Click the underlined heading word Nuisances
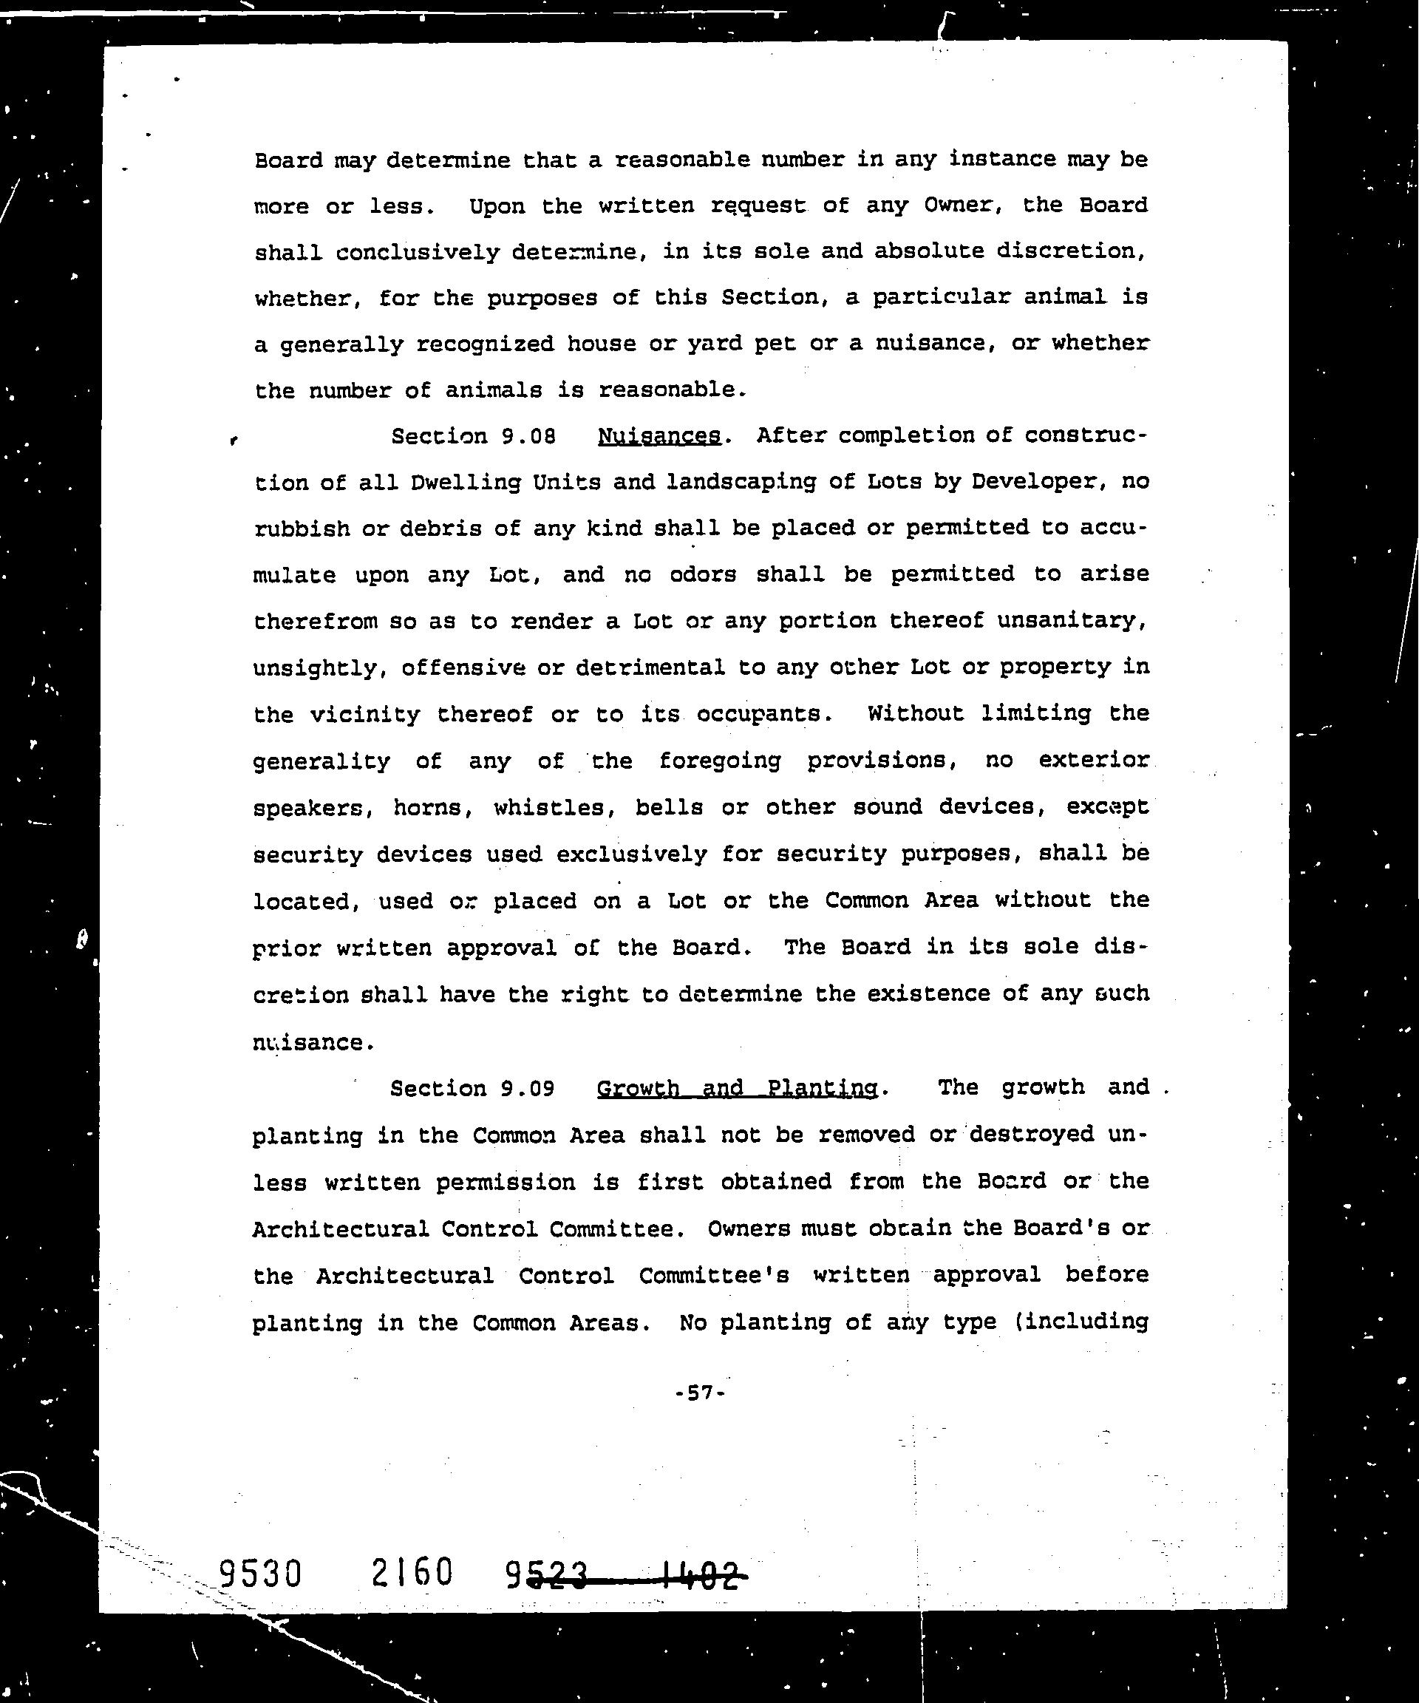coord(659,437)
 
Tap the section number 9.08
coord(528,437)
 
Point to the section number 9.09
coord(528,1088)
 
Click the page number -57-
coord(699,1393)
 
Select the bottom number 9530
coord(260,1574)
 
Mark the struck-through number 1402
coord(702,1576)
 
